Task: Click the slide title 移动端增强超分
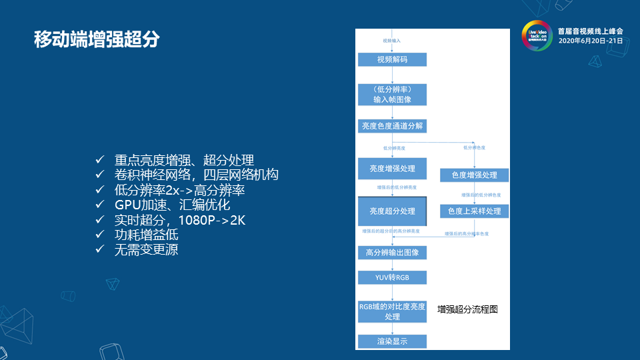(x=97, y=39)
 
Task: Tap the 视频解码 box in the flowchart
(x=392, y=59)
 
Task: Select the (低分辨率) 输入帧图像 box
(x=392, y=94)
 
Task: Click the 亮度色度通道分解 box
(x=392, y=125)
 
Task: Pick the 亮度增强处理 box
(x=392, y=169)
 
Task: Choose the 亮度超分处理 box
(x=392, y=211)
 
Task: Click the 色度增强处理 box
(x=474, y=175)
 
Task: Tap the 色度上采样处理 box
(x=474, y=211)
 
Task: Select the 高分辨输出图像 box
(x=392, y=253)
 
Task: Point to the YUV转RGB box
(x=392, y=277)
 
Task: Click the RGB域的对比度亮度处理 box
(x=392, y=311)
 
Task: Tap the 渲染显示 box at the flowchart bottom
(x=392, y=341)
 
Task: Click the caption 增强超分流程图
(x=467, y=309)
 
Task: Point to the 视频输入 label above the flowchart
(x=392, y=41)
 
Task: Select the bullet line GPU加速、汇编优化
(x=172, y=205)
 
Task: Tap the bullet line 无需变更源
(x=146, y=249)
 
